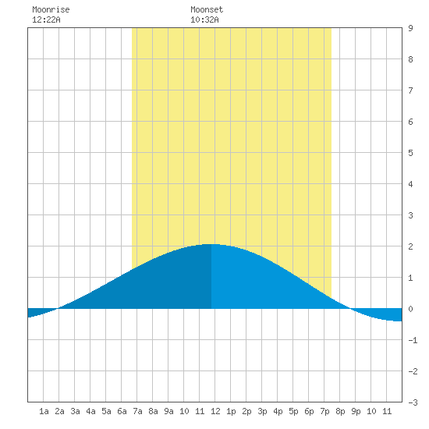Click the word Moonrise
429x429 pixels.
(51, 9)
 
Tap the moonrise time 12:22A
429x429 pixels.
(46, 19)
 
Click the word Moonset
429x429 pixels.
(207, 9)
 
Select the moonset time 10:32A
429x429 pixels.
(204, 19)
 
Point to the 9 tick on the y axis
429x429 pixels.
(410, 28)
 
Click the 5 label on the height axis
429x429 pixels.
(410, 153)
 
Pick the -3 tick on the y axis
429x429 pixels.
(413, 402)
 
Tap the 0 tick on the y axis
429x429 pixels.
(410, 309)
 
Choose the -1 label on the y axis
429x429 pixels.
(413, 340)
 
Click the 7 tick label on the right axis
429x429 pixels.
(410, 90)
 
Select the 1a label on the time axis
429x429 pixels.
(44, 411)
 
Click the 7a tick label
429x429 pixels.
(137, 411)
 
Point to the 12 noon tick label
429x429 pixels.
(215, 411)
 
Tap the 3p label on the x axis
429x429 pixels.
(262, 411)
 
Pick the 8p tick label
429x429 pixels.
(340, 411)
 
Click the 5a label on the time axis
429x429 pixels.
(106, 411)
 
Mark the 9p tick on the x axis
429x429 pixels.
(356, 411)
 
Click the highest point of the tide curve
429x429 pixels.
(211, 244)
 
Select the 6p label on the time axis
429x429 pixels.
(309, 411)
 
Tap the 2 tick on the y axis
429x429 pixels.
(410, 246)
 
